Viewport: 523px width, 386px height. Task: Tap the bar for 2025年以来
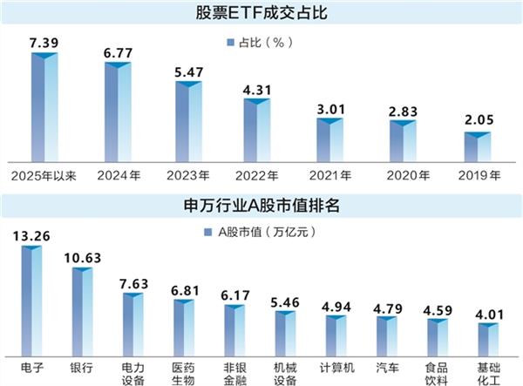[44, 108]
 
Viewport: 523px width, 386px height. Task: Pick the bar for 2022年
[258, 131]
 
